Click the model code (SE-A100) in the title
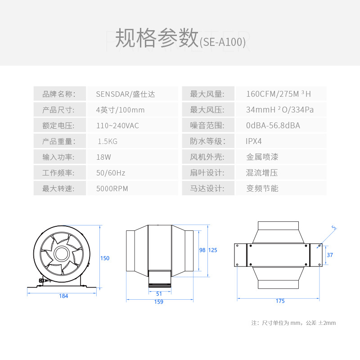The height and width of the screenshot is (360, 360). tap(222, 42)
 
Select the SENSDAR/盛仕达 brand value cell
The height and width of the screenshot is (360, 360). tap(126, 94)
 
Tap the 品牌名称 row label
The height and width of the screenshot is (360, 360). tap(58, 94)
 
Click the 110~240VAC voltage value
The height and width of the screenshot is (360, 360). tap(117, 126)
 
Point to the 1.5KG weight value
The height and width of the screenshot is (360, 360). tap(108, 141)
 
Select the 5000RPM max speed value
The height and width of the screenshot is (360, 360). tap(112, 189)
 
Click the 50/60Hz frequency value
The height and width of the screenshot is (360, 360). tap(111, 173)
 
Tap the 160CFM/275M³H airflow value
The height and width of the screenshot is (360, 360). tap(279, 94)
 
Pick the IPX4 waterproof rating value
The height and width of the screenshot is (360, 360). tap(254, 141)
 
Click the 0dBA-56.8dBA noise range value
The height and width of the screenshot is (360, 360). tap(273, 126)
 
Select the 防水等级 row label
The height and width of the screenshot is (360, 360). tap(207, 141)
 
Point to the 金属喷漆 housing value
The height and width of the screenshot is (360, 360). tap(262, 157)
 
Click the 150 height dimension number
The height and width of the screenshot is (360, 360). tap(105, 258)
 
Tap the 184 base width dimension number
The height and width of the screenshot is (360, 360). tap(63, 296)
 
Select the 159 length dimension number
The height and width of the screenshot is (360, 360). tap(158, 302)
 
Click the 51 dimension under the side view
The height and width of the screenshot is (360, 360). tap(159, 293)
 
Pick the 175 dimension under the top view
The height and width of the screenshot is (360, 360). tap(280, 301)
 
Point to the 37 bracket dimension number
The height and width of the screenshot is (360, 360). tap(330, 255)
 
